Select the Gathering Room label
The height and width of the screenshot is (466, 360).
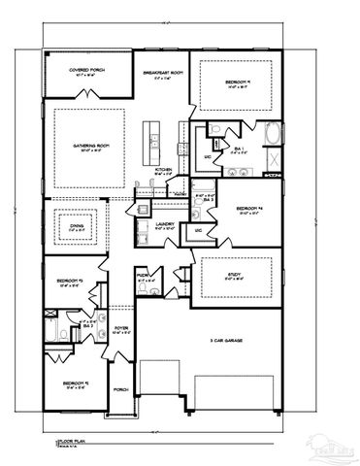point(87,147)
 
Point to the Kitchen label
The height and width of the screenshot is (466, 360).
point(165,169)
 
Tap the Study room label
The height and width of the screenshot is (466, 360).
point(234,275)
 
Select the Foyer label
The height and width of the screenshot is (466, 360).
point(122,328)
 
